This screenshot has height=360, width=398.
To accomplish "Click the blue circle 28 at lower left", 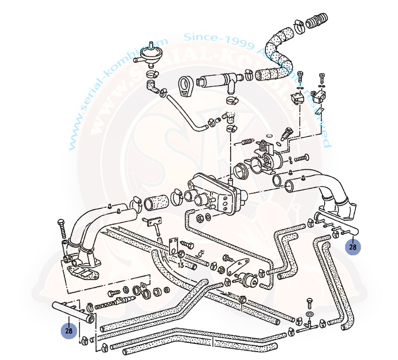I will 69,331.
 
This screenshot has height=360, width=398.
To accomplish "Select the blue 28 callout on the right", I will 353,247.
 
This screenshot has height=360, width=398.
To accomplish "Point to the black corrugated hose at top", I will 317,21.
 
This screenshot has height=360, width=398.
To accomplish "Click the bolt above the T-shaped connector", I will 309,303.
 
